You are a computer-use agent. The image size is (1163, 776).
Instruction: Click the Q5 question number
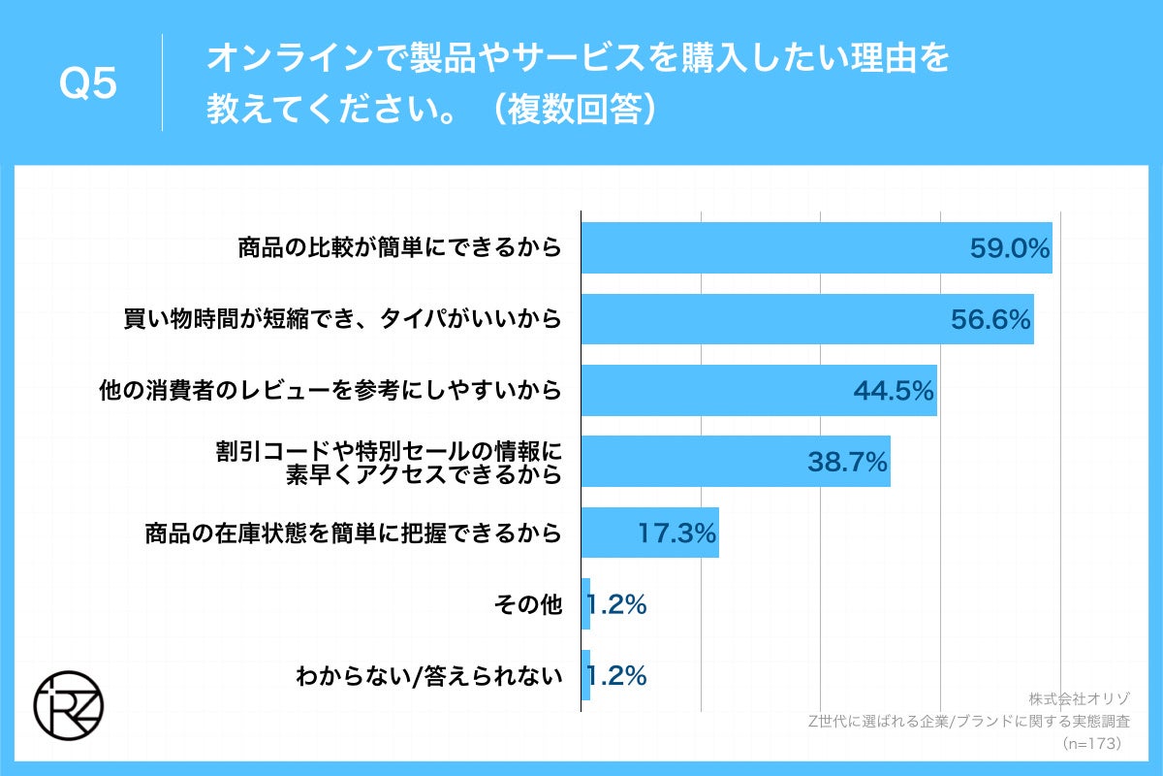click(88, 84)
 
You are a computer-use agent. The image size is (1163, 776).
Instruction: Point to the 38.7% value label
click(847, 463)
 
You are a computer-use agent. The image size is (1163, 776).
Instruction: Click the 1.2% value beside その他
click(616, 604)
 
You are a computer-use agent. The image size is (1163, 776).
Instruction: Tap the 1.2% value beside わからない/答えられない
click(616, 676)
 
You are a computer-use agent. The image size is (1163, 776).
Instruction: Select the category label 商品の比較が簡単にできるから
click(399, 248)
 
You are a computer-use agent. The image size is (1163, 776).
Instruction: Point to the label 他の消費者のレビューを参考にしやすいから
click(330, 391)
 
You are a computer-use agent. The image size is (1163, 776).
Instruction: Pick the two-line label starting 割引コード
click(388, 463)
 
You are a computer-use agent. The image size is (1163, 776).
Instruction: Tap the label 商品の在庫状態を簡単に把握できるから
click(353, 533)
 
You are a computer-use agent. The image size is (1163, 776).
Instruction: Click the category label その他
click(527, 604)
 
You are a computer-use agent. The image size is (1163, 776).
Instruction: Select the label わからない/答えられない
click(428, 676)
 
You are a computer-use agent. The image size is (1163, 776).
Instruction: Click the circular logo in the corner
click(68, 703)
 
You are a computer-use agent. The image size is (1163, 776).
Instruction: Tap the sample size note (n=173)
click(1092, 743)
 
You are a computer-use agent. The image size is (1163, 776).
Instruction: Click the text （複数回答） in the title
click(573, 109)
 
